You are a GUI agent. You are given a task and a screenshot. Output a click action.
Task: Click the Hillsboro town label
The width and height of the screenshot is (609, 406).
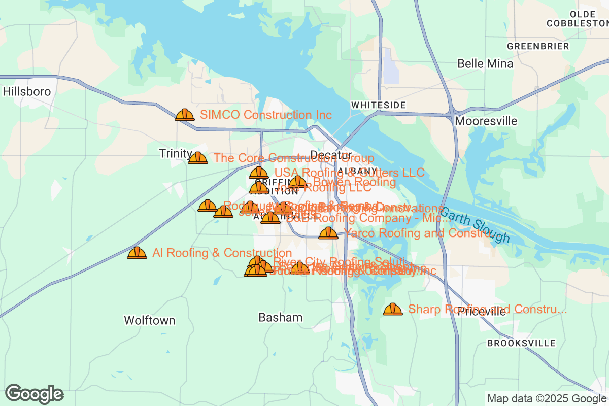click(x=27, y=92)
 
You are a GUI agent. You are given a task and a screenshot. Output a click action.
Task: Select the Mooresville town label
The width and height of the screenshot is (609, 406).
click(x=486, y=121)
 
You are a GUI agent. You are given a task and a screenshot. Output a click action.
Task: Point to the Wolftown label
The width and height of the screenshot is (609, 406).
click(x=150, y=321)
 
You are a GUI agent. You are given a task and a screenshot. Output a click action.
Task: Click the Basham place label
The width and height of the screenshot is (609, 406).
click(x=280, y=318)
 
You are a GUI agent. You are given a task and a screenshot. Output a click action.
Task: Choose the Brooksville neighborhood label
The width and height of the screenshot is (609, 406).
click(x=521, y=343)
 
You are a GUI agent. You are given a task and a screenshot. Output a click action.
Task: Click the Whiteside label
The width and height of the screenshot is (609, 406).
click(x=379, y=105)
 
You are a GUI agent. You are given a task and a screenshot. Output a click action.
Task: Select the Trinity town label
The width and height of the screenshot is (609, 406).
click(x=175, y=154)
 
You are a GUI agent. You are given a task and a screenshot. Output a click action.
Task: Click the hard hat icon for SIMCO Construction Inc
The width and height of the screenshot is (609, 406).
click(x=185, y=115)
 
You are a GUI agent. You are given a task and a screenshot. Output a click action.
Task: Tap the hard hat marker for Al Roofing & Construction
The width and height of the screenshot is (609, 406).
click(x=137, y=253)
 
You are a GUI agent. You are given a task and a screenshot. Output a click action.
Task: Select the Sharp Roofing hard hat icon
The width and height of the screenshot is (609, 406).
click(x=392, y=309)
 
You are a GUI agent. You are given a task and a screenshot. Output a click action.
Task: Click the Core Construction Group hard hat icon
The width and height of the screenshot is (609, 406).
click(x=198, y=158)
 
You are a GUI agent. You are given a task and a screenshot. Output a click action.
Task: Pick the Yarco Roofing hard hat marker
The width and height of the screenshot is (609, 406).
click(x=328, y=233)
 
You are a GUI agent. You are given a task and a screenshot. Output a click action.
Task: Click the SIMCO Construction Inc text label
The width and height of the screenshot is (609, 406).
click(x=266, y=115)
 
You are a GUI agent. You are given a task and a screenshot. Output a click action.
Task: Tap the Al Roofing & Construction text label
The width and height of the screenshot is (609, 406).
click(x=222, y=253)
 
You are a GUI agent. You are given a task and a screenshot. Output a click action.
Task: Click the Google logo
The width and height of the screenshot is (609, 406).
click(x=35, y=394)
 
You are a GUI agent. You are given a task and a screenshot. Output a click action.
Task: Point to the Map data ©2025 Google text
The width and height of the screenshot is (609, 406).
click(x=547, y=398)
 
